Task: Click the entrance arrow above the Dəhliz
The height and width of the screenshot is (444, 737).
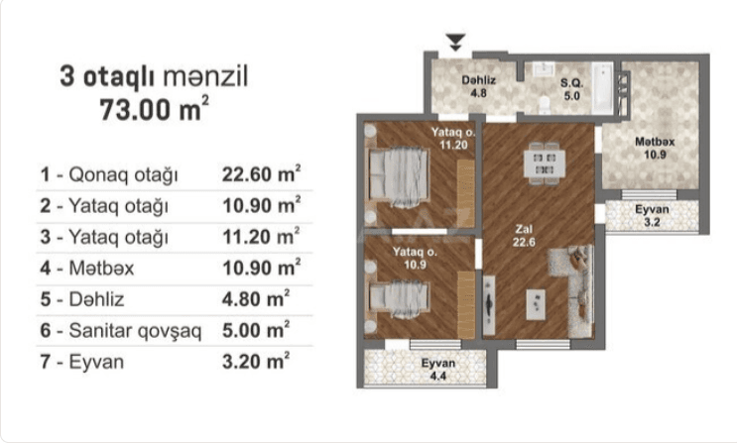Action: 455,42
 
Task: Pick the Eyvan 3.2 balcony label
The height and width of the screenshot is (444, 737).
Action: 652,217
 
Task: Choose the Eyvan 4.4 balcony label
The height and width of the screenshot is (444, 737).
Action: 437,369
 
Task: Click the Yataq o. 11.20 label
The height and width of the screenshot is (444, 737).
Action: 453,138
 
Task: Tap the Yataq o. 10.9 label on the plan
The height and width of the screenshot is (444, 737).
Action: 413,258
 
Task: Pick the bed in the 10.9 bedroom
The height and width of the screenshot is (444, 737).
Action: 398,295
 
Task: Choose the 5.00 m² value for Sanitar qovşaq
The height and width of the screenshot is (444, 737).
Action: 256,330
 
